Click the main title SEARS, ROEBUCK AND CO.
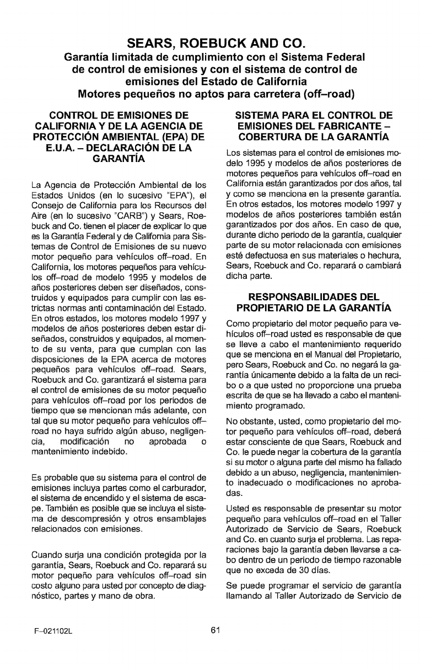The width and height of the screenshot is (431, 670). tap(215, 43)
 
